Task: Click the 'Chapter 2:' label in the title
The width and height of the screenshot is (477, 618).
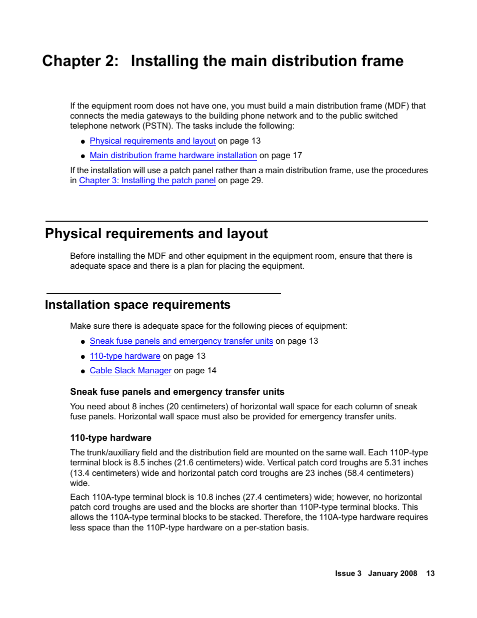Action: pyautogui.click(x=80, y=61)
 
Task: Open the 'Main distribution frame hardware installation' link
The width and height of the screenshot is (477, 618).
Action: pyautogui.click(x=173, y=156)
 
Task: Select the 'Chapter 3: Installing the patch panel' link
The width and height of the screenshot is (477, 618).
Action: pyautogui.click(x=147, y=181)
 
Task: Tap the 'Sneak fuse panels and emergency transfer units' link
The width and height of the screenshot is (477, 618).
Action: pyautogui.click(x=181, y=341)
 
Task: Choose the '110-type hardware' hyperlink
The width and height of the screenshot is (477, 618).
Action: pyautogui.click(x=125, y=356)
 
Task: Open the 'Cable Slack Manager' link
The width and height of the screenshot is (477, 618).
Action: pyautogui.click(x=130, y=371)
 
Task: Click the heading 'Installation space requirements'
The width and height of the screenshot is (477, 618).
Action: pyautogui.click(x=137, y=305)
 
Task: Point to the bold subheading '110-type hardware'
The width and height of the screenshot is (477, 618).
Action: pyautogui.click(x=110, y=438)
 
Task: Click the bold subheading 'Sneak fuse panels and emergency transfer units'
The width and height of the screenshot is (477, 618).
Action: pyautogui.click(x=177, y=392)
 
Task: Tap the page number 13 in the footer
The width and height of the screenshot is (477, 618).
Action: pyautogui.click(x=430, y=573)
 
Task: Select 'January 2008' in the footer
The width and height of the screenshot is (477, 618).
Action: pyautogui.click(x=392, y=573)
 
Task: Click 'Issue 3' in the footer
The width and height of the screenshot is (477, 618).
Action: pyautogui.click(x=348, y=573)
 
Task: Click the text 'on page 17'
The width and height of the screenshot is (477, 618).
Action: pyautogui.click(x=280, y=156)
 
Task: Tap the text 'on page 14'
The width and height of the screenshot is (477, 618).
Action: pyautogui.click(x=195, y=371)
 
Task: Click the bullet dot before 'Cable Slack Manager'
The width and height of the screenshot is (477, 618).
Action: pyautogui.click(x=83, y=371)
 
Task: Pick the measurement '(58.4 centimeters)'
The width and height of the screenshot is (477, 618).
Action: pyautogui.click(x=379, y=473)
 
